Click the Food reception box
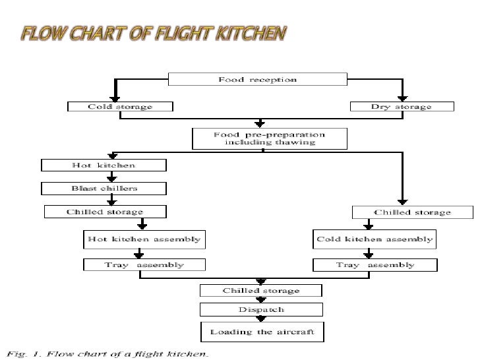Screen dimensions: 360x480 258,80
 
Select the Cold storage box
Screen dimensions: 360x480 120,107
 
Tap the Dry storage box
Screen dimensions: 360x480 401,107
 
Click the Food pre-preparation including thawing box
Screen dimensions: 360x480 260,138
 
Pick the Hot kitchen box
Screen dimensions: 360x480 104,165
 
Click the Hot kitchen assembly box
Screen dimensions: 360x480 144,239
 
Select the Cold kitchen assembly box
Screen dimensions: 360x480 375,239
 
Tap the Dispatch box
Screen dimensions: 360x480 261,309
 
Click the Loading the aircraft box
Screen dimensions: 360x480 262,331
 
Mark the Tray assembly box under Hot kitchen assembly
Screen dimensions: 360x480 144,265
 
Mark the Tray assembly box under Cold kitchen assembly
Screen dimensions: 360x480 375,265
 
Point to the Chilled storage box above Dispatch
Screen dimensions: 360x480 261,290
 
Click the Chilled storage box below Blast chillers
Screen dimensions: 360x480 104,212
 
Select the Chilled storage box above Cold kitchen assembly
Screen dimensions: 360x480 412,212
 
